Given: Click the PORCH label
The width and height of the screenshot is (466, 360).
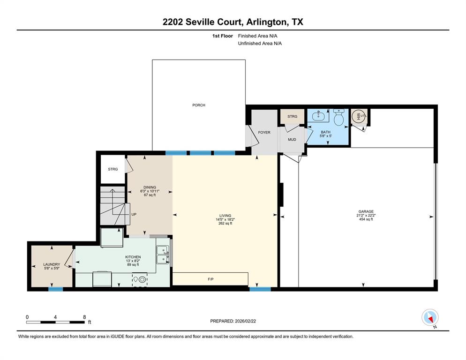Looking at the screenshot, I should coord(199,105).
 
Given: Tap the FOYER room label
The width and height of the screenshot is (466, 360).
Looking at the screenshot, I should coord(264,133).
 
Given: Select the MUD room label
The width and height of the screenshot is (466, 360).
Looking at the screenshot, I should coord(292,139).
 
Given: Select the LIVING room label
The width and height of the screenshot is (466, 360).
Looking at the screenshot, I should coord(225,216).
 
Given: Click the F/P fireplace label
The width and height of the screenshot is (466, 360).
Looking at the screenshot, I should coord(211,279).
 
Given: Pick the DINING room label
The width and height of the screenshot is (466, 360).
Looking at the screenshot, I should coord(150,187).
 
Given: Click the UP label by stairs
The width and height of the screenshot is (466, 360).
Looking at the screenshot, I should coord(134,215).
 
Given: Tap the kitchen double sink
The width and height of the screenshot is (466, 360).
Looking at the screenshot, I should coord(163,254).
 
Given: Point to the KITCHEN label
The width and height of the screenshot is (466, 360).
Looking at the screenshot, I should coord(133,257).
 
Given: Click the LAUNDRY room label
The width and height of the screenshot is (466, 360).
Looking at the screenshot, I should coord(52,264).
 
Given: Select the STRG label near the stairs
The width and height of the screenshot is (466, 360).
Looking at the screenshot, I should coord(113,169).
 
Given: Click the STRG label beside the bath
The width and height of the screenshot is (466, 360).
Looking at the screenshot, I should coord(292,116).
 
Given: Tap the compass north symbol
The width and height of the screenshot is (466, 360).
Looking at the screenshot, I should coord(429,318).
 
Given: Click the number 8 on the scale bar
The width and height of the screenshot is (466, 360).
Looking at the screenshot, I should coord(84,317).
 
